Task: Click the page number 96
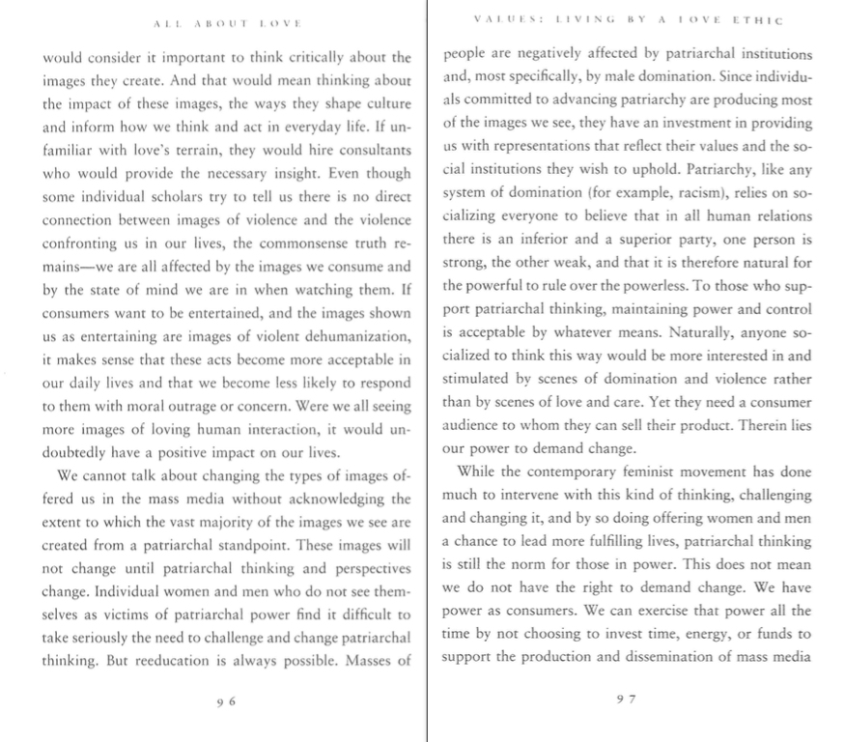pyautogui.click(x=226, y=702)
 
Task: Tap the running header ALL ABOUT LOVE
pyautogui.click(x=227, y=20)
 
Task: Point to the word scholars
pyautogui.click(x=189, y=196)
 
